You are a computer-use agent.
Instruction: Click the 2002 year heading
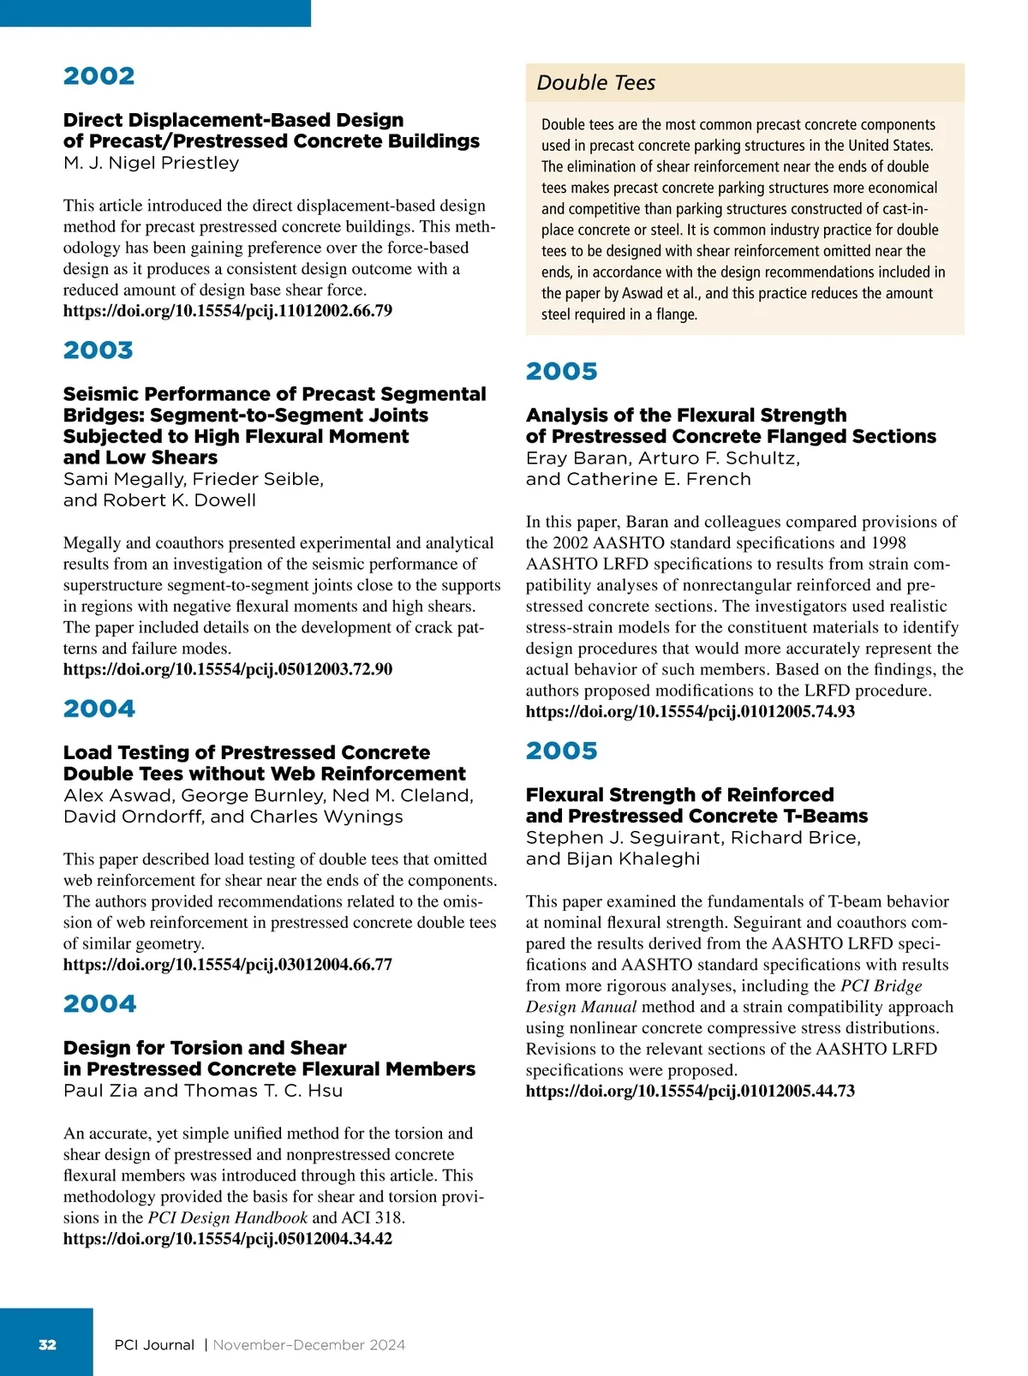[x=99, y=76]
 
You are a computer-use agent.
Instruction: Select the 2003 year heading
[x=99, y=350]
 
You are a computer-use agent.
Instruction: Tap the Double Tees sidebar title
[x=595, y=83]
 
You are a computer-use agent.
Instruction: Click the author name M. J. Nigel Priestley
[x=151, y=163]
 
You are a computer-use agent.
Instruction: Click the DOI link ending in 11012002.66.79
[x=228, y=311]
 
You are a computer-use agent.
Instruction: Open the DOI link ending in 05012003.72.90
[x=228, y=669]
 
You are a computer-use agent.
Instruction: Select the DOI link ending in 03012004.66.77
[x=228, y=965]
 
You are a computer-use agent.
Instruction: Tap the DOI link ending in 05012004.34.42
[x=228, y=1239]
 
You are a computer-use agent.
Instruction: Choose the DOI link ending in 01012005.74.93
[x=690, y=711]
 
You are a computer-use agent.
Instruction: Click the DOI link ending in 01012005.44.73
[x=690, y=1091]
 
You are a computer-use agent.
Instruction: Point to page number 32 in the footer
[x=48, y=1344]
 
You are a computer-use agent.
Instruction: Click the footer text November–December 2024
[x=308, y=1345]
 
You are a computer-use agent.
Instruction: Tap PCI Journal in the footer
[x=154, y=1345]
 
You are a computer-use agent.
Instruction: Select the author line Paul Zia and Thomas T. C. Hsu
[x=203, y=1091]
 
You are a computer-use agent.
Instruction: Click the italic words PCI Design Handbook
[x=227, y=1217]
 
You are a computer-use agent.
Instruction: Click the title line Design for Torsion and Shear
[x=205, y=1048]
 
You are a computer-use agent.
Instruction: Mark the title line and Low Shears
[x=140, y=458]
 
